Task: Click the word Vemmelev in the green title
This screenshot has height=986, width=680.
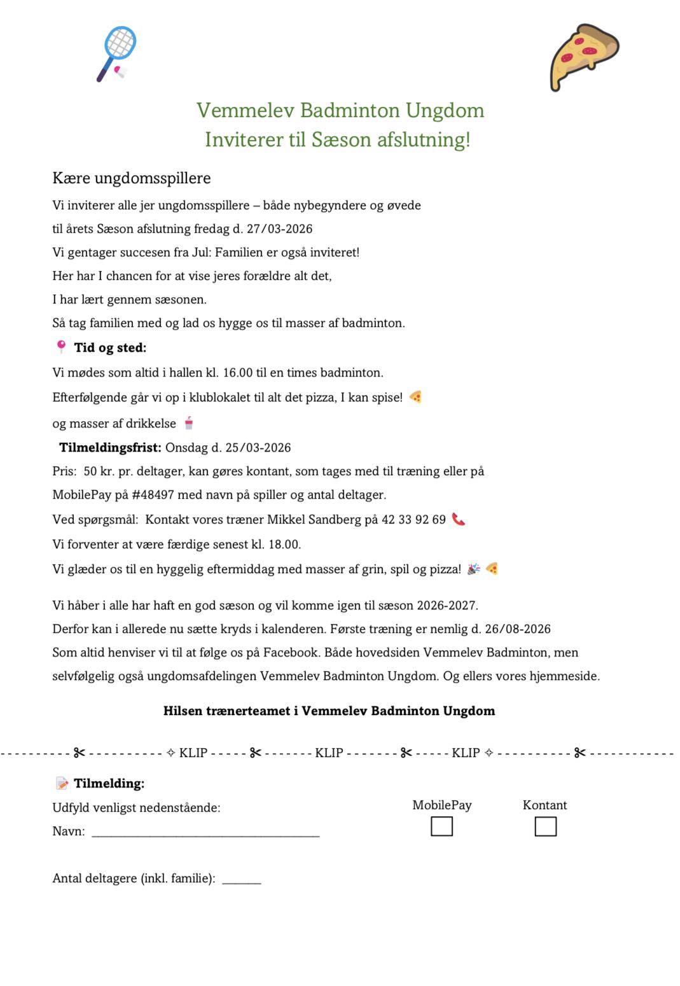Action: coord(245,110)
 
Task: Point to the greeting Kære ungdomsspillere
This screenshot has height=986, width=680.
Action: coord(132,178)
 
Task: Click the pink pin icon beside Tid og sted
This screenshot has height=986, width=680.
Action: coord(61,347)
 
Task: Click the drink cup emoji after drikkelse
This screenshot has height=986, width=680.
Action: coord(189,422)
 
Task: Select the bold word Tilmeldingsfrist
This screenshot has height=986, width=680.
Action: coord(110,448)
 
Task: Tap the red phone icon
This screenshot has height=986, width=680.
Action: coord(458,519)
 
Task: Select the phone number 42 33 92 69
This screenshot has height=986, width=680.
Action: coord(413,520)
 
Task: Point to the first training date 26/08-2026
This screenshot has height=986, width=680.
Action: coord(518,629)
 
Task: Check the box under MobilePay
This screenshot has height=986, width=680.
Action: coord(441,826)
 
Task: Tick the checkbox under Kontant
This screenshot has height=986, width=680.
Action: coord(545,826)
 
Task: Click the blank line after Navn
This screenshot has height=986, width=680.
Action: coord(205,832)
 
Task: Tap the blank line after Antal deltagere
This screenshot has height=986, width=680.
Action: coord(242,880)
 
